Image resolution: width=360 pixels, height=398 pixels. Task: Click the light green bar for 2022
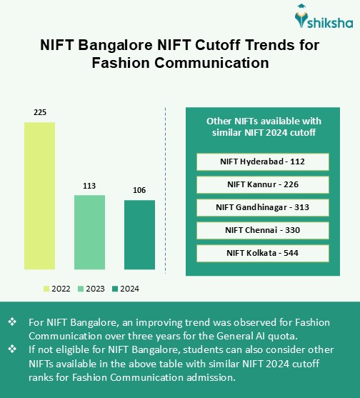click(39, 196)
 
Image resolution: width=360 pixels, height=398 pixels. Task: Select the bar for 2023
click(89, 232)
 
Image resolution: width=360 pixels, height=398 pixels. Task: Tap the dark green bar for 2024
click(139, 234)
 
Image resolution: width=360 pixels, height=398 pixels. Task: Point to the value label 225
click(39, 112)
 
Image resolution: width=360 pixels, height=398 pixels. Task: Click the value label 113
click(89, 186)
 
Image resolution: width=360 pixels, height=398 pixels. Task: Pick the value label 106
click(139, 190)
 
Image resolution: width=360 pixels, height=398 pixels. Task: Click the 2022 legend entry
click(56, 289)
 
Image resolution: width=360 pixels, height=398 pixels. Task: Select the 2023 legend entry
click(91, 289)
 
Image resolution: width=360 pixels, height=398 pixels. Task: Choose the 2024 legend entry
click(125, 289)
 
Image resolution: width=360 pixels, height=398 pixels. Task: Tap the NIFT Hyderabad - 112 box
click(262, 161)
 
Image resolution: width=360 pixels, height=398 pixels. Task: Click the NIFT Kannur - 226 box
click(262, 184)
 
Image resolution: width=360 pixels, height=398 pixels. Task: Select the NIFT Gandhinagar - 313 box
click(262, 207)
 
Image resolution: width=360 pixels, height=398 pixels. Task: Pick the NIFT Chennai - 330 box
click(262, 230)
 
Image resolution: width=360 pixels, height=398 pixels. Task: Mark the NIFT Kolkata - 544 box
click(262, 253)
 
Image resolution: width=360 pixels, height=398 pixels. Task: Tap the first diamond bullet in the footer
click(11, 322)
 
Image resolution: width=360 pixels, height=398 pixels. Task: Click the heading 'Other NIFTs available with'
click(262, 120)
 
